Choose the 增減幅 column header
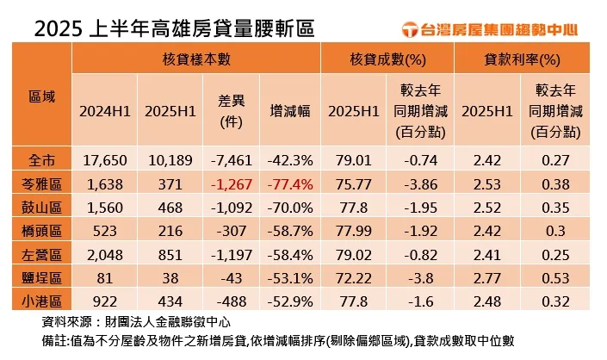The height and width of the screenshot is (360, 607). (x=289, y=111)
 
